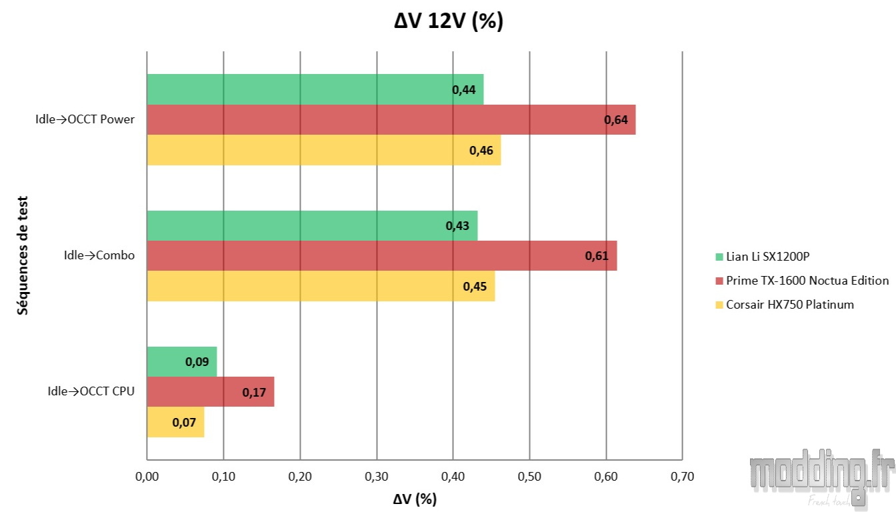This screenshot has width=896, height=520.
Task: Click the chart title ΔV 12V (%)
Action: point(448,21)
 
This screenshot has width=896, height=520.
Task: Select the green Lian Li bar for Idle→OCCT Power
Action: point(315,89)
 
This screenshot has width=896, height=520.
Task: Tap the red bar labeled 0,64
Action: point(391,120)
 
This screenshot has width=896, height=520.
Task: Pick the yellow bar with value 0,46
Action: point(323,150)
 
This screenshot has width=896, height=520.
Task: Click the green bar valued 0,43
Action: point(312,225)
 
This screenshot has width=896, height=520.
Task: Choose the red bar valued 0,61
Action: point(381,256)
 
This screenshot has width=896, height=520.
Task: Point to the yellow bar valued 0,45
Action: point(321,286)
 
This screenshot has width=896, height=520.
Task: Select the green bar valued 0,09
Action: point(181,361)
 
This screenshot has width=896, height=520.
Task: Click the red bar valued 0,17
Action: point(210,392)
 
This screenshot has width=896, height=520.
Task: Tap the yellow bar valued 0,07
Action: point(175,422)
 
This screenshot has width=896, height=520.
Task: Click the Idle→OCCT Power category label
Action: point(85,120)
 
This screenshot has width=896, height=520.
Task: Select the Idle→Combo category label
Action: point(99,255)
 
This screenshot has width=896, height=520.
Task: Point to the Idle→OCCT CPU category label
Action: point(91,391)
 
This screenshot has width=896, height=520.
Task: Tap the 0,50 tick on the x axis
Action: point(529,477)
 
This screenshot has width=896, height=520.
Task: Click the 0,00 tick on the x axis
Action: point(147,477)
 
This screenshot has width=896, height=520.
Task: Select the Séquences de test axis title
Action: point(23,255)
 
